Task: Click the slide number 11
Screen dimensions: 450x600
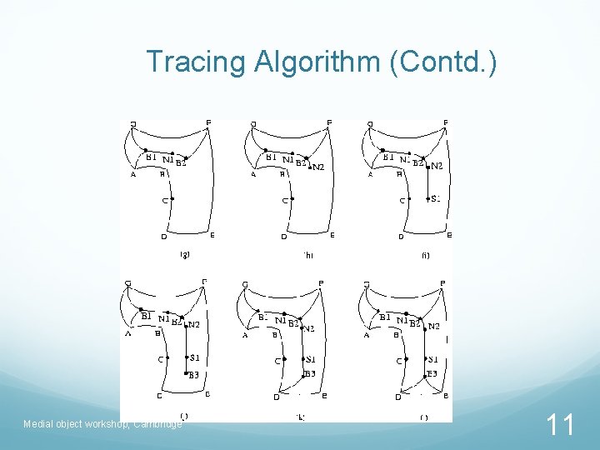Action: [560, 427]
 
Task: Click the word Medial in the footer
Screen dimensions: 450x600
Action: [38, 424]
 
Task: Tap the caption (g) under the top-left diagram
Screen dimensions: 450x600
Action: [185, 256]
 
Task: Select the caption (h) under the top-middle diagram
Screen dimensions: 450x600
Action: [307, 256]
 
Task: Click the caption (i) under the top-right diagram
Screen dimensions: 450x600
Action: [425, 256]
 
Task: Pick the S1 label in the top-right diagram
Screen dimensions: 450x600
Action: [436, 198]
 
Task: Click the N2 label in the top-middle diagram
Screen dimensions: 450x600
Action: [317, 167]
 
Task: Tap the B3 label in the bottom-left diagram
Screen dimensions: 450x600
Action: [192, 375]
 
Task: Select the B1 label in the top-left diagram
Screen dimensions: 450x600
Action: [151, 156]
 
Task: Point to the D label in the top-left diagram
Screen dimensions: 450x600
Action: [164, 236]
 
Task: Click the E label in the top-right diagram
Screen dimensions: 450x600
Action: [450, 235]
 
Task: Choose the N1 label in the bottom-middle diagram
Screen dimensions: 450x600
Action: [282, 321]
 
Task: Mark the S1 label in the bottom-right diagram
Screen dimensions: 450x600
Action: [432, 359]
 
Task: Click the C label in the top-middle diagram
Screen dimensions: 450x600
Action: [284, 200]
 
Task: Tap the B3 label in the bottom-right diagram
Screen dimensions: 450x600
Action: [432, 374]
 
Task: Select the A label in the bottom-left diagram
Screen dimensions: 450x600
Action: [129, 335]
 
